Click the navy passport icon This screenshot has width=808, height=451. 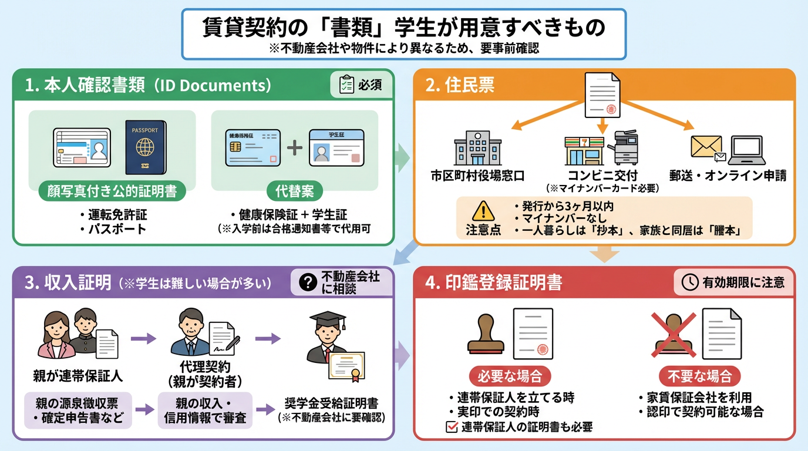tap(146, 147)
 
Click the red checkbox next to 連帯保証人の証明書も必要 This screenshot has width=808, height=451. tap(452, 427)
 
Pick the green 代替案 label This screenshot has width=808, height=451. tap(294, 191)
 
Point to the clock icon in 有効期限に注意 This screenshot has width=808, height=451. tap(689, 282)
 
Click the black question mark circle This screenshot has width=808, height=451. tap(307, 282)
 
